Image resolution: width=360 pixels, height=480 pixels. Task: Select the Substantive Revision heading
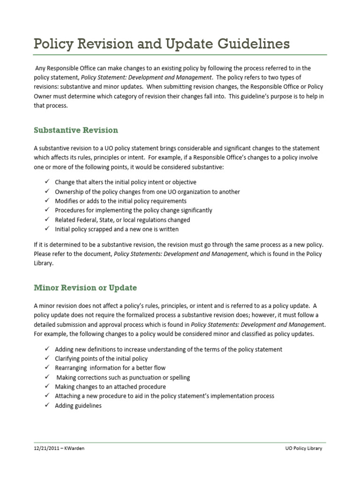[76, 130]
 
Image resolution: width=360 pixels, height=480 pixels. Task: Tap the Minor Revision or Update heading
[85, 287]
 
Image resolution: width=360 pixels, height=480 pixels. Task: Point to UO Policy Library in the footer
[304, 448]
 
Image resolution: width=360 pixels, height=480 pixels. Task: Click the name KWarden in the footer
[75, 448]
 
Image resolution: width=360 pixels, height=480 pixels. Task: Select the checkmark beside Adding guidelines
[47, 405]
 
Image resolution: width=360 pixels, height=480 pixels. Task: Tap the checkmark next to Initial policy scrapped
[47, 229]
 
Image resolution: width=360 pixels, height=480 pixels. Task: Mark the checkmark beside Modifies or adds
[47, 201]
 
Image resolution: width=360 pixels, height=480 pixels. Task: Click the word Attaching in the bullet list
[68, 396]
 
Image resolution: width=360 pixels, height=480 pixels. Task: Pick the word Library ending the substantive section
[44, 263]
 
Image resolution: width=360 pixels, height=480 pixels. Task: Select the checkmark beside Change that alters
[47, 182]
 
